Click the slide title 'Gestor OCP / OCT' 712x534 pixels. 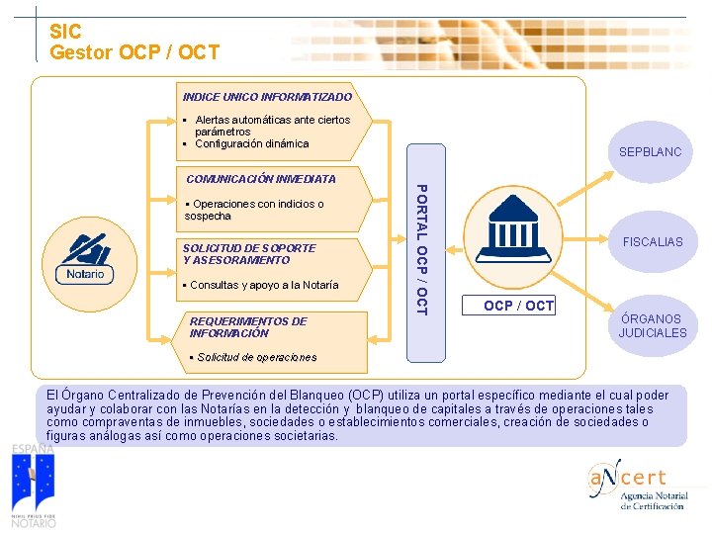point(134,51)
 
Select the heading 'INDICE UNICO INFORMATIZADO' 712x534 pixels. point(267,97)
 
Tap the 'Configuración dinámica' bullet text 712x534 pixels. point(251,144)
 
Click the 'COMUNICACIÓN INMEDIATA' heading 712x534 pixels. point(261,179)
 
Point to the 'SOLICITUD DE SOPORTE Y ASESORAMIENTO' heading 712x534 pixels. point(249,254)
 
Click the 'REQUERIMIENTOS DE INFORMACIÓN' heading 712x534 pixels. point(248,327)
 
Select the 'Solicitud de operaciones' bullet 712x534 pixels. point(253,357)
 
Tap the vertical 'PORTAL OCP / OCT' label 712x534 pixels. point(420,250)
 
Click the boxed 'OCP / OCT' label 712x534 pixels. point(519,306)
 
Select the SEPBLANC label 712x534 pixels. point(650,153)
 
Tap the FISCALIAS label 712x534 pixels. point(652,241)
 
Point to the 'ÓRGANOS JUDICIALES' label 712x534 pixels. point(652,326)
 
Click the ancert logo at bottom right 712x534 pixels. point(639,485)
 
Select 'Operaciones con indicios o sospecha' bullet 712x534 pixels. point(254,210)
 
